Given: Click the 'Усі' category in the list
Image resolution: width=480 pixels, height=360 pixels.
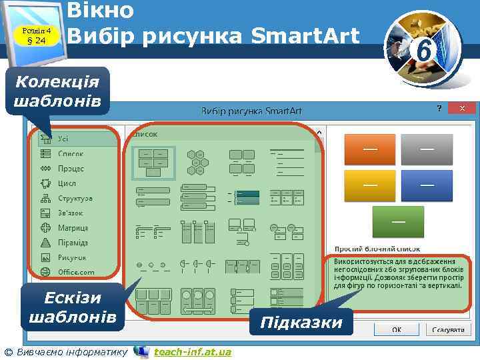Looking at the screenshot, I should pyautogui.click(x=63, y=139).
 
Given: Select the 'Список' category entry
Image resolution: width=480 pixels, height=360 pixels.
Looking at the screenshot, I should pyautogui.click(x=70, y=153).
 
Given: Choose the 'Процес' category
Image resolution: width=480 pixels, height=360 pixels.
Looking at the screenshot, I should pyautogui.click(x=70, y=169).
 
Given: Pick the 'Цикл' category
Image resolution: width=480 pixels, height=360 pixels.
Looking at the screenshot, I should pyautogui.click(x=67, y=183).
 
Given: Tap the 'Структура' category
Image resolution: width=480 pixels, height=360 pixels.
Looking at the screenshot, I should pyautogui.click(x=75, y=199).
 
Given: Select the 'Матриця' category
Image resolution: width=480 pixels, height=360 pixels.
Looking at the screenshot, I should pyautogui.click(x=73, y=228).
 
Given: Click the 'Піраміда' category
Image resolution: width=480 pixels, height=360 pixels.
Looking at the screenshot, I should pyautogui.click(x=73, y=243).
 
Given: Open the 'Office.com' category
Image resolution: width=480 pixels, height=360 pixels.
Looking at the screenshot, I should pyautogui.click(x=75, y=272).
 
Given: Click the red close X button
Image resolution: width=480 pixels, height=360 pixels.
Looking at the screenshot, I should pyautogui.click(x=461, y=108).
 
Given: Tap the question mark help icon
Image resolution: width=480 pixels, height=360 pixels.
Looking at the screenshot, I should pyautogui.click(x=439, y=108).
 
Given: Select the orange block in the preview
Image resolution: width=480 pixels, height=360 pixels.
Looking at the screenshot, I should pyautogui.click(x=370, y=149).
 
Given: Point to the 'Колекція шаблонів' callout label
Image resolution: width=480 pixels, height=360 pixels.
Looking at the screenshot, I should pyautogui.click(x=57, y=92).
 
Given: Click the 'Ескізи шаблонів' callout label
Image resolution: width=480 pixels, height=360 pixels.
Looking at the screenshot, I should pyautogui.click(x=72, y=306).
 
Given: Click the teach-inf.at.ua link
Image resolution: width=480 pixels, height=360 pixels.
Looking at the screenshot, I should pyautogui.click(x=192, y=351).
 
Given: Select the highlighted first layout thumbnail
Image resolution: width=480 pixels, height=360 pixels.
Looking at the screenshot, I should pyautogui.click(x=153, y=162).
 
